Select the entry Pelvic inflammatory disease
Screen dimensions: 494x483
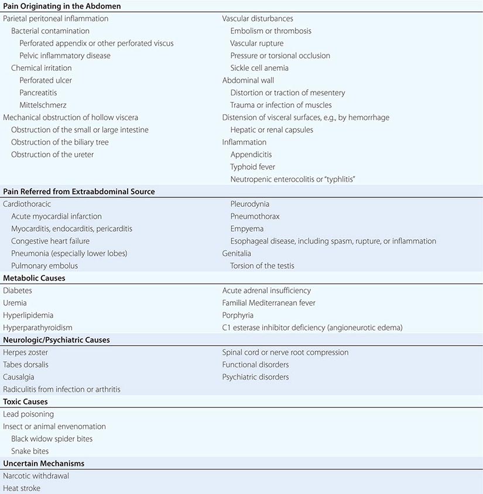click(65, 56)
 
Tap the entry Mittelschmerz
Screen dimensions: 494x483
click(43, 105)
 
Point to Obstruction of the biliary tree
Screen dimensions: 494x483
click(60, 142)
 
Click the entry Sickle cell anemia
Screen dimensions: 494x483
click(259, 68)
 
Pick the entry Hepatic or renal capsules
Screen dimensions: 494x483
click(272, 130)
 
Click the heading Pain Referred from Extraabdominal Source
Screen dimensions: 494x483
click(79, 192)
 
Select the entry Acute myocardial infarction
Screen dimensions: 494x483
click(56, 216)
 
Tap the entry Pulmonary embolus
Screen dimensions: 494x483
click(44, 265)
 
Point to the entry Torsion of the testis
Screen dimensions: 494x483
click(262, 265)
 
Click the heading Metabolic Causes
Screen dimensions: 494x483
click(34, 278)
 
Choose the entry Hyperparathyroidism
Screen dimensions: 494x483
click(37, 328)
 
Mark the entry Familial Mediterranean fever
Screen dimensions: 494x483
click(269, 303)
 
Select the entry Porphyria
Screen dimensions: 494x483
click(238, 315)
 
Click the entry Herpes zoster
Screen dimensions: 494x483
click(26, 352)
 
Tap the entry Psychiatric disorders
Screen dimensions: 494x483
click(255, 377)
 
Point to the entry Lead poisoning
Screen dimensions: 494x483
click(28, 414)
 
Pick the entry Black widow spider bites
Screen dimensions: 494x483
click(52, 439)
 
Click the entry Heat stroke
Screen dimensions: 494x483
click(21, 488)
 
